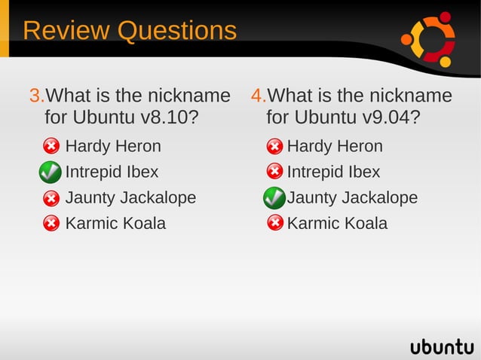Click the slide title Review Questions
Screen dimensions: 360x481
coord(129,31)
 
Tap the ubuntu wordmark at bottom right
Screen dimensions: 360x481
coord(442,346)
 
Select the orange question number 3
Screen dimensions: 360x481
coord(35,96)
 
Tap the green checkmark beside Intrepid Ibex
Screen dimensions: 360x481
coord(50,172)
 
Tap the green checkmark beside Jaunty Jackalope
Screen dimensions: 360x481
coord(274,198)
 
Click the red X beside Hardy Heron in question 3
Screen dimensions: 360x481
coord(51,146)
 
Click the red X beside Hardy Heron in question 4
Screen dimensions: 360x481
coord(274,146)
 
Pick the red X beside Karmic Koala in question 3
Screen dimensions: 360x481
coord(51,224)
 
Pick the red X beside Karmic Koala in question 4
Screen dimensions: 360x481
coord(274,224)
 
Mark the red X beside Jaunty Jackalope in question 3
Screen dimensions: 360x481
coord(51,199)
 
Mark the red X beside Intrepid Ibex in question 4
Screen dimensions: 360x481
coord(274,172)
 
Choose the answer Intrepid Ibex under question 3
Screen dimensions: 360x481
coord(112,172)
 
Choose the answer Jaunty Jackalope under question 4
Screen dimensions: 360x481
coord(352,197)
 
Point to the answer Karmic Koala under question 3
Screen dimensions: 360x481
coord(115,223)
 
